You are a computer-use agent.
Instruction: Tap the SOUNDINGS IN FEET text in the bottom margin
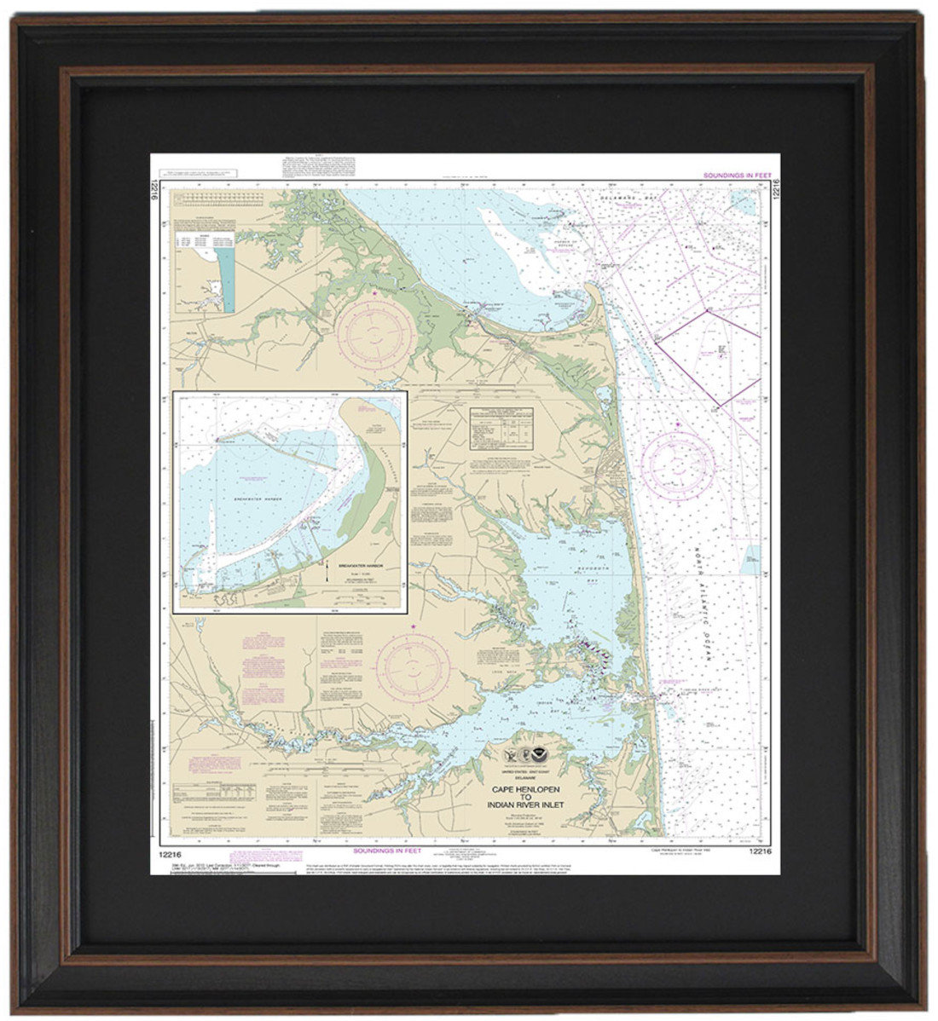pyautogui.click(x=387, y=850)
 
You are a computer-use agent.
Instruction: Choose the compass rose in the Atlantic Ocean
pyautogui.click(x=678, y=465)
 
